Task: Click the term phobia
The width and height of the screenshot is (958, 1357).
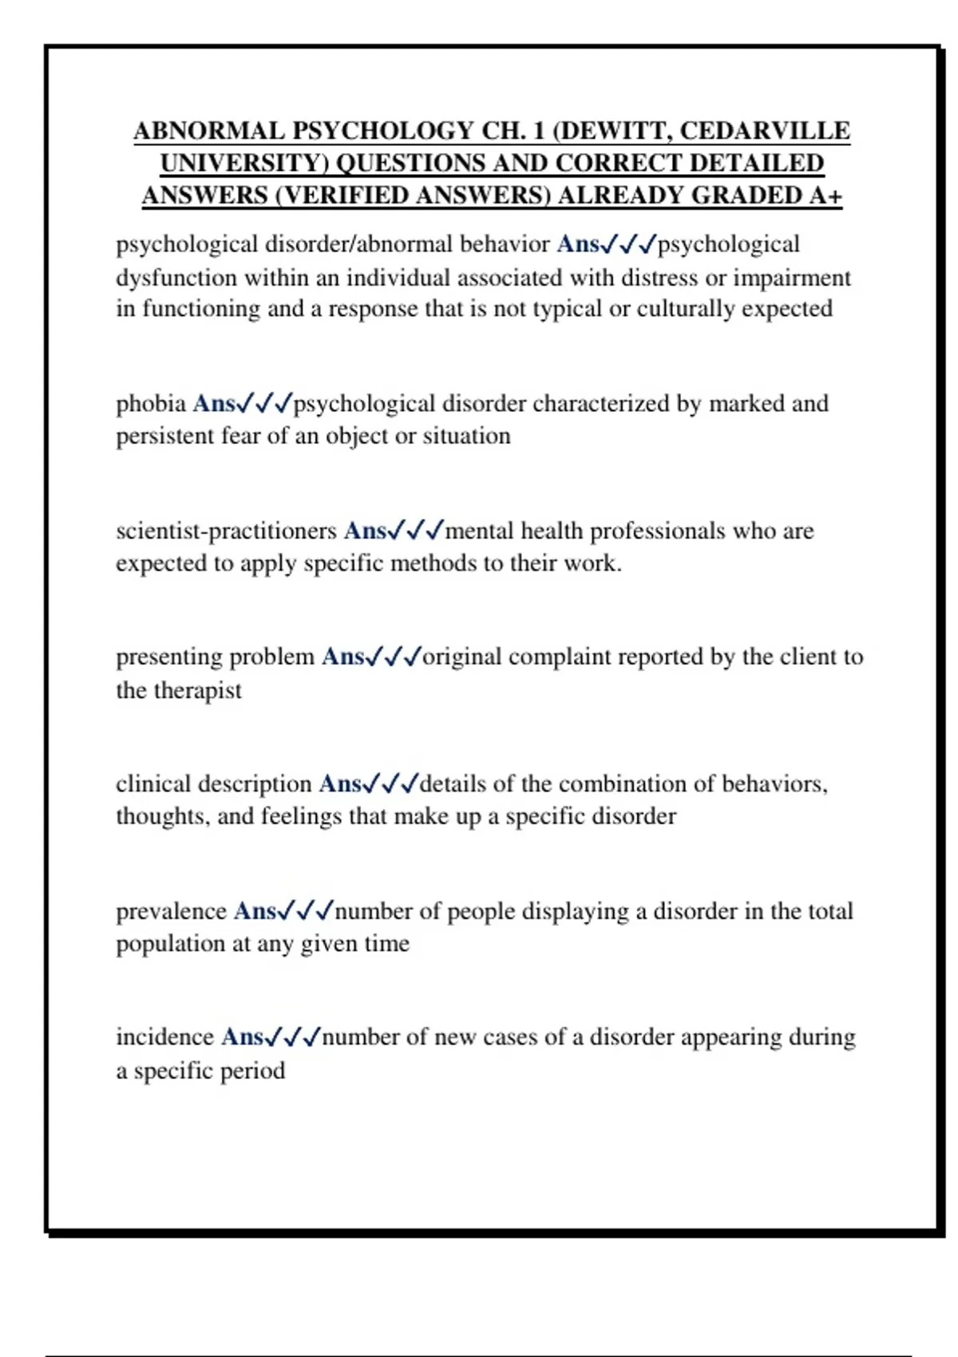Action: pos(151,404)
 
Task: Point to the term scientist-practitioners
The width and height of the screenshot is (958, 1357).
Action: pos(227,531)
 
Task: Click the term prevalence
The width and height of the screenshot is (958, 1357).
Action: pos(171,911)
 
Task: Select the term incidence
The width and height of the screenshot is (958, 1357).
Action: pos(164,1037)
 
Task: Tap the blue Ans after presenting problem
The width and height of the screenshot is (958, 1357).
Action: pos(343,657)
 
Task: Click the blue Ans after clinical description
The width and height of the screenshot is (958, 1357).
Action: pos(340,784)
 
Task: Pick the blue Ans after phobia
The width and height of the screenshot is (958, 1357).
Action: pos(214,404)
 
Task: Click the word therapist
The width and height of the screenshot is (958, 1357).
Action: pos(197,690)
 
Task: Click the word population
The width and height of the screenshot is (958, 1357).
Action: pos(170,944)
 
